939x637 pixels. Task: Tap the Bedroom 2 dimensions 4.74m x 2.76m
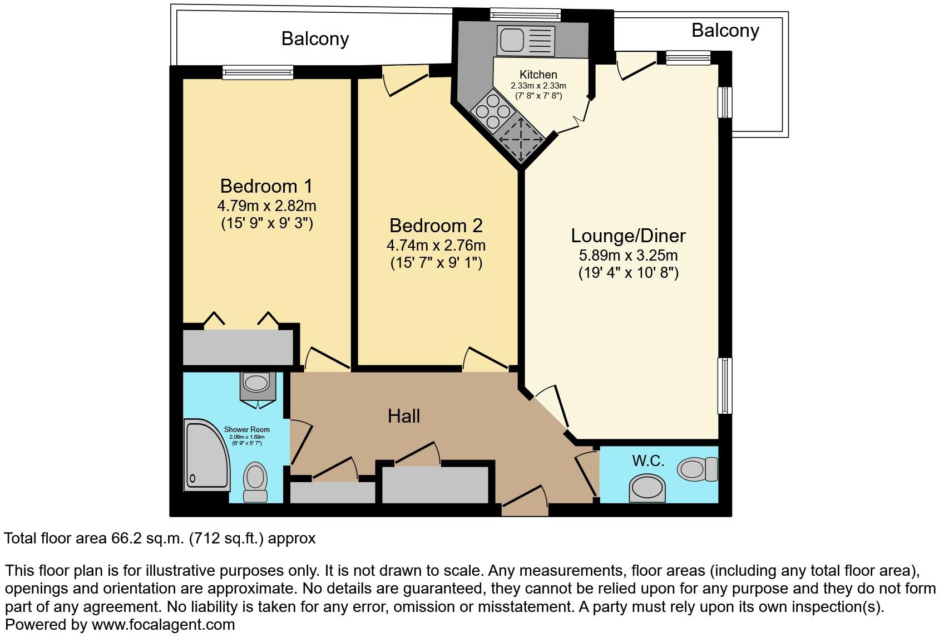point(436,245)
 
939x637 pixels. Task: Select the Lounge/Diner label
point(628,236)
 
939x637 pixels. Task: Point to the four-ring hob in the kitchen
point(491,110)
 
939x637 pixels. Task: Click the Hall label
point(404,416)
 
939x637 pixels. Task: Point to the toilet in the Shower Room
point(255,482)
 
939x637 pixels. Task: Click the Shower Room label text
point(246,429)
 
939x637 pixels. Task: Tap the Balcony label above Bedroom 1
point(315,38)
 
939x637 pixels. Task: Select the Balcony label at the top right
point(725,30)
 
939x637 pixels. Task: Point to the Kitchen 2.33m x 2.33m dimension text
point(538,86)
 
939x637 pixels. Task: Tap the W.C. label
point(648,460)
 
